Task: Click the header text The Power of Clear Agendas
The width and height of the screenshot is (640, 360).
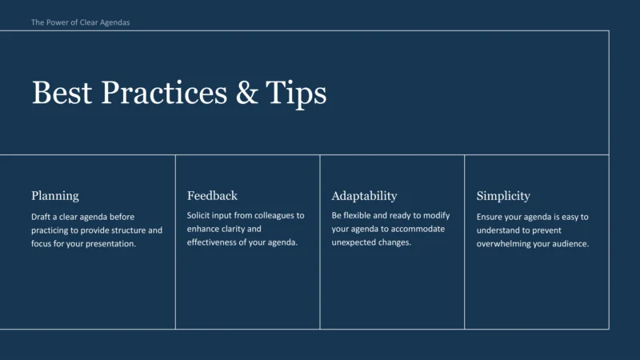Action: pyautogui.click(x=80, y=22)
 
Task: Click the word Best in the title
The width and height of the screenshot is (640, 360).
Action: pyautogui.click(x=63, y=93)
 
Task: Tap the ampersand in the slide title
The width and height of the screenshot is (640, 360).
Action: pyautogui.click(x=248, y=93)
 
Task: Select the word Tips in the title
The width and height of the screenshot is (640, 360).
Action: pyautogui.click(x=297, y=93)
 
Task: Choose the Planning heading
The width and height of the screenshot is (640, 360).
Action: pyautogui.click(x=55, y=196)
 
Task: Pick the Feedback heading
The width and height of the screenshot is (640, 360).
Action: pyautogui.click(x=212, y=196)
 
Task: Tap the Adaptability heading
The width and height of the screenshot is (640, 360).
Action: pyautogui.click(x=364, y=196)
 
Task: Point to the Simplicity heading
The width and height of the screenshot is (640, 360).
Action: pyautogui.click(x=503, y=196)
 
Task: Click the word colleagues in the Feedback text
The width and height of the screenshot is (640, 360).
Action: pyautogui.click(x=274, y=216)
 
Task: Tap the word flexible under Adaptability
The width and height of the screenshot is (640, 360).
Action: pyautogui.click(x=360, y=216)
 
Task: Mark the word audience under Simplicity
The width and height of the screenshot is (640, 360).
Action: pyautogui.click(x=570, y=244)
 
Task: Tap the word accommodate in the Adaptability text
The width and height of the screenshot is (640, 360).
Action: pyautogui.click(x=418, y=230)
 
